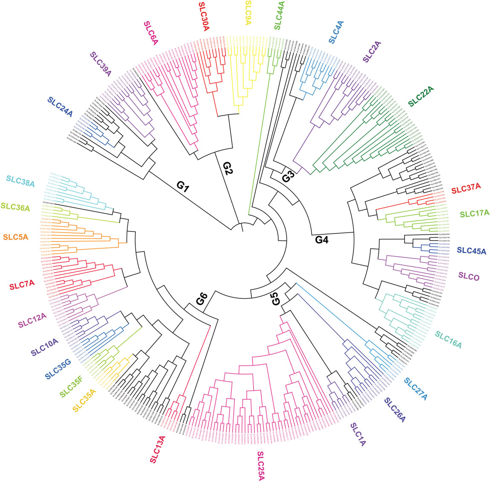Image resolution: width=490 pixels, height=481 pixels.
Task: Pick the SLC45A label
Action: click(x=471, y=250)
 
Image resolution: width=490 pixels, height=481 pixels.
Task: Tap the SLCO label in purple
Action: click(x=469, y=276)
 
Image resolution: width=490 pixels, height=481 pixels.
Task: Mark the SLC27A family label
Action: click(x=415, y=388)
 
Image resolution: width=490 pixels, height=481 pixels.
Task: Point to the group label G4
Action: click(x=322, y=239)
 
